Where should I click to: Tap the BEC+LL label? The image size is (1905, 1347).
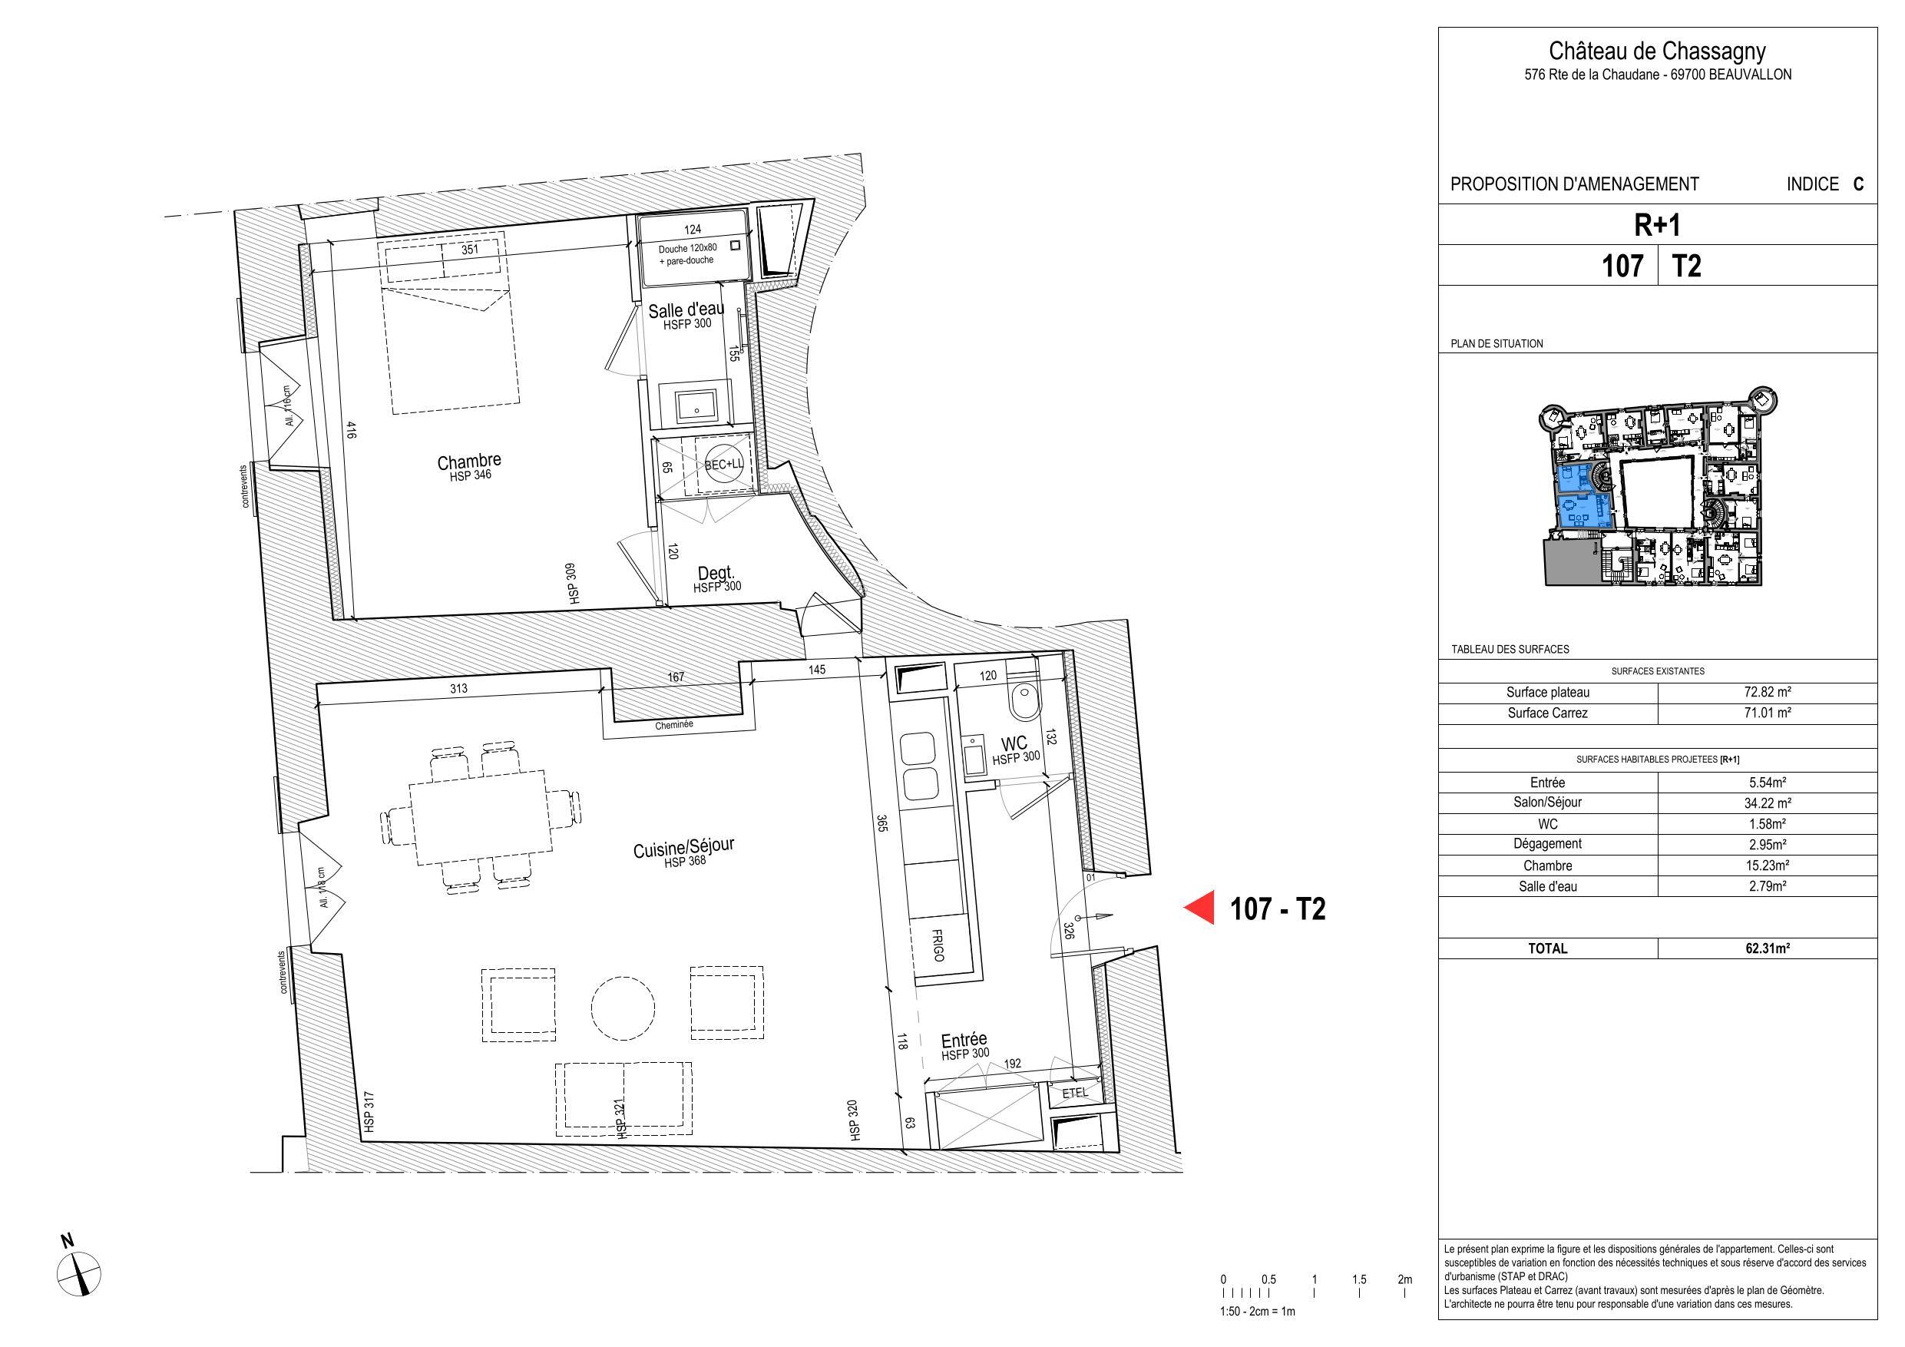click(x=724, y=465)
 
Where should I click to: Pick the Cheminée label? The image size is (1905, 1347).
click(x=673, y=724)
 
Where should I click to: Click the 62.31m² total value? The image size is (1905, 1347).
click(x=1768, y=948)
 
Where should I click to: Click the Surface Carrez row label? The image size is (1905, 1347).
click(x=1547, y=713)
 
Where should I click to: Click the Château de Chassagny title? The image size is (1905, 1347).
click(x=1658, y=51)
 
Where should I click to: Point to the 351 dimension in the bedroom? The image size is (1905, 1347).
click(x=469, y=248)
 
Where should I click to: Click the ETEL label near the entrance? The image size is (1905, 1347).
click(x=1074, y=1093)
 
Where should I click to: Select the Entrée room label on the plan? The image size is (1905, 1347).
click(x=964, y=1040)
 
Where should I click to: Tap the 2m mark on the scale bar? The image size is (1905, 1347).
click(x=1404, y=1279)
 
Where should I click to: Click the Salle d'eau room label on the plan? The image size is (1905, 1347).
click(x=686, y=310)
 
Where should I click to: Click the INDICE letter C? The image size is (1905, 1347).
click(x=1858, y=184)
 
